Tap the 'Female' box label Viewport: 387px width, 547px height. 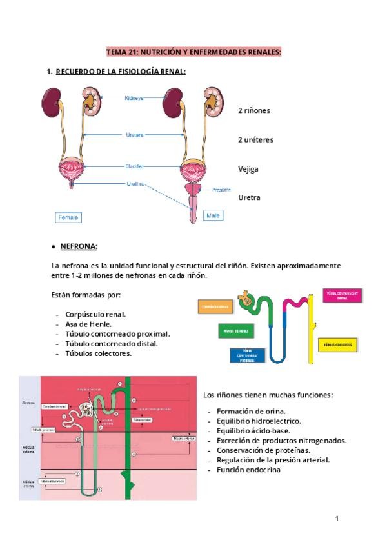[x=68, y=217]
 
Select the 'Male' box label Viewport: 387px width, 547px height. [x=212, y=216]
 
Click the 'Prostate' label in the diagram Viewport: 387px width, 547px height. [x=221, y=190]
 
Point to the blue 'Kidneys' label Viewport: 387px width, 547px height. [x=134, y=98]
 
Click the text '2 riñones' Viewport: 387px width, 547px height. [x=253, y=110]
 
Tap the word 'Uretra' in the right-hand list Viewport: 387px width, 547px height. [x=249, y=197]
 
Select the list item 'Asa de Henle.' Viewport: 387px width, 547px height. [x=88, y=324]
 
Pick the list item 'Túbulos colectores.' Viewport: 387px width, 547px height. [x=98, y=353]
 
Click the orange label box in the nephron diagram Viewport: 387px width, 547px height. [x=214, y=306]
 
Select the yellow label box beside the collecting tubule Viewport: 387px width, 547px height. [x=337, y=345]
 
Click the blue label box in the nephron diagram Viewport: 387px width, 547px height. [x=243, y=355]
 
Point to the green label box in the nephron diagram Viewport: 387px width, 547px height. [x=236, y=331]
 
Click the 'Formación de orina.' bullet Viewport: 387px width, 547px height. [x=251, y=411]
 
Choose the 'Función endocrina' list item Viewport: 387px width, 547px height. [x=248, y=470]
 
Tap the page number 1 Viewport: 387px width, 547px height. [x=337, y=519]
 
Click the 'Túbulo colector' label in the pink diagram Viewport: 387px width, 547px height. [x=183, y=439]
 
